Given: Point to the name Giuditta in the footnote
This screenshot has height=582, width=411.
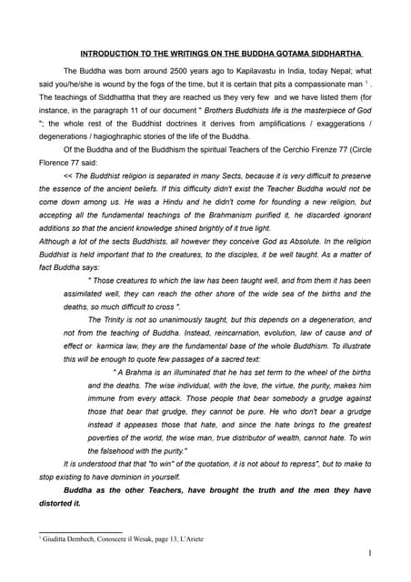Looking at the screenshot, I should click(55, 539).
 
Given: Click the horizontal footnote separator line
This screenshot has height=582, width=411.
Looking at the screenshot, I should click(80, 532).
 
